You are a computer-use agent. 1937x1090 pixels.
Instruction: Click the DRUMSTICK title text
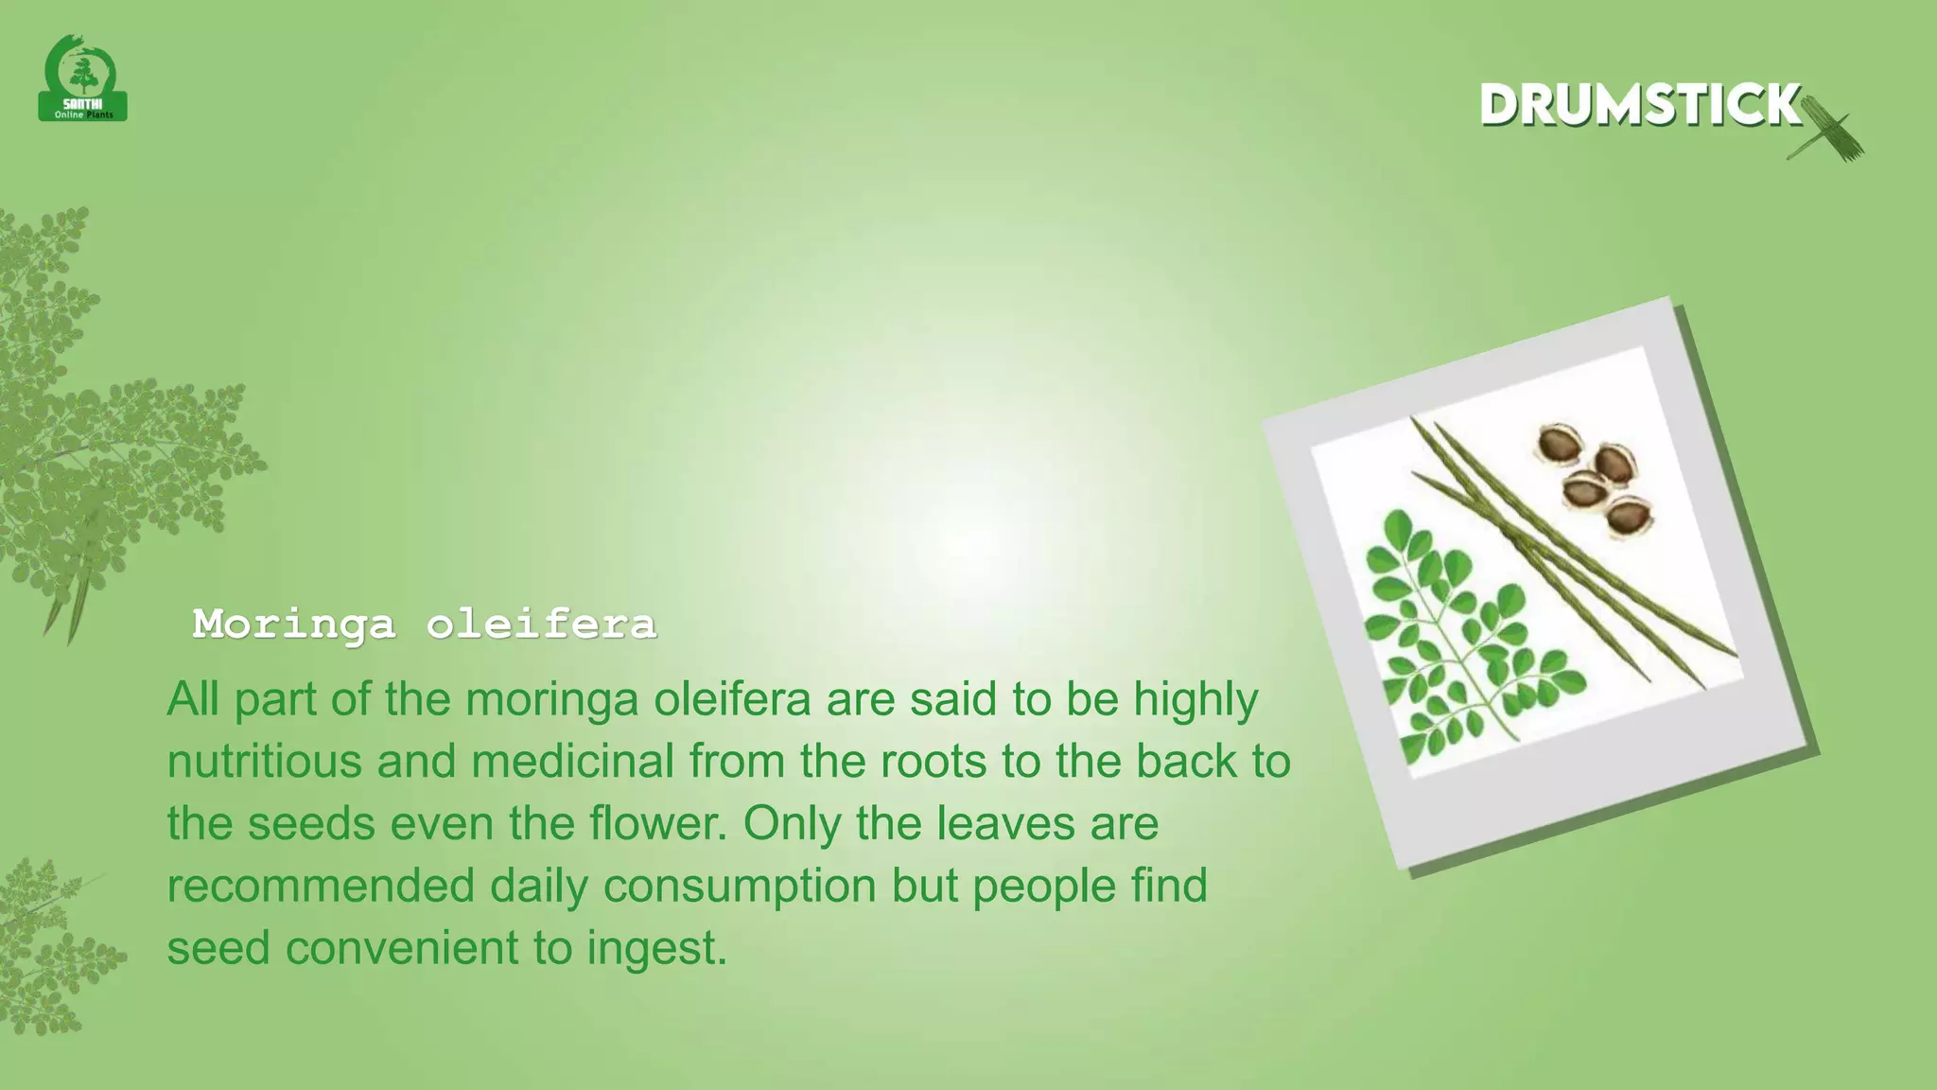pos(1640,105)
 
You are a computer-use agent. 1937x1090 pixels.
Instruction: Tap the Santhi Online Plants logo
pos(83,80)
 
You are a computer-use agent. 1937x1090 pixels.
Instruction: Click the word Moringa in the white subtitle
pos(293,624)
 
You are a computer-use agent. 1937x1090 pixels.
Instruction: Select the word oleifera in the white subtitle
pos(541,624)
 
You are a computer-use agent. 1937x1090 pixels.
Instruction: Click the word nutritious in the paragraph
pos(264,762)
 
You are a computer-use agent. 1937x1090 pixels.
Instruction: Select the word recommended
pos(321,887)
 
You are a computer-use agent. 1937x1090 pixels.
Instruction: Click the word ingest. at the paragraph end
pos(657,948)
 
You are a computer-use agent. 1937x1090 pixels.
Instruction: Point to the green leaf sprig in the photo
pos(1457,643)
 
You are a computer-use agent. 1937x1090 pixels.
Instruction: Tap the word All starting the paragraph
pos(193,700)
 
